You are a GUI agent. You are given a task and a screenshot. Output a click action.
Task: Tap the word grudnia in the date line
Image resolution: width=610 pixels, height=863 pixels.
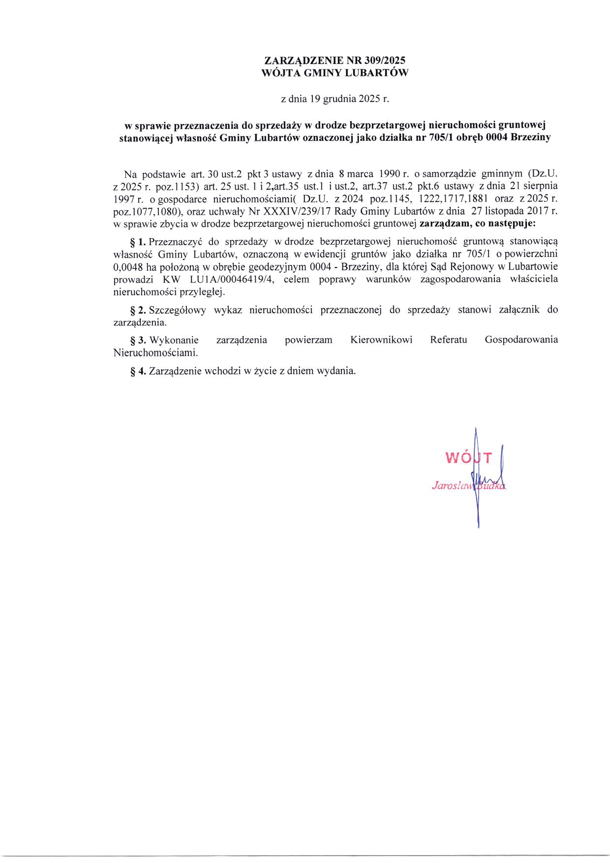340,98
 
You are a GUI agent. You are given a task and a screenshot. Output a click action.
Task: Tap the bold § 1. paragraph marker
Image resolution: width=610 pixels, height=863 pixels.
137,242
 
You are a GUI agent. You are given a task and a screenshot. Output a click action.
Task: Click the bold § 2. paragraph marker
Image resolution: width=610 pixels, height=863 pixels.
137,310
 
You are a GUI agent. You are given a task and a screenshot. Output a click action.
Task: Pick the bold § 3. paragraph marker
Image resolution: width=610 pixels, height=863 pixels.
137,340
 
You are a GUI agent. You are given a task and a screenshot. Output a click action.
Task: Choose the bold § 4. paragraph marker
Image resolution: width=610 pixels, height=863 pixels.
137,371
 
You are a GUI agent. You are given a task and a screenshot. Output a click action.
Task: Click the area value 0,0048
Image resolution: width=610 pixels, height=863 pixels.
128,267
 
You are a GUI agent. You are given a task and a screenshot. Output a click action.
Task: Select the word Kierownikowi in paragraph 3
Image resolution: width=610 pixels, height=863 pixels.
381,340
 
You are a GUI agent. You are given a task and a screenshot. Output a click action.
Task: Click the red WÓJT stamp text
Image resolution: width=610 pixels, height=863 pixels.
467,458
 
